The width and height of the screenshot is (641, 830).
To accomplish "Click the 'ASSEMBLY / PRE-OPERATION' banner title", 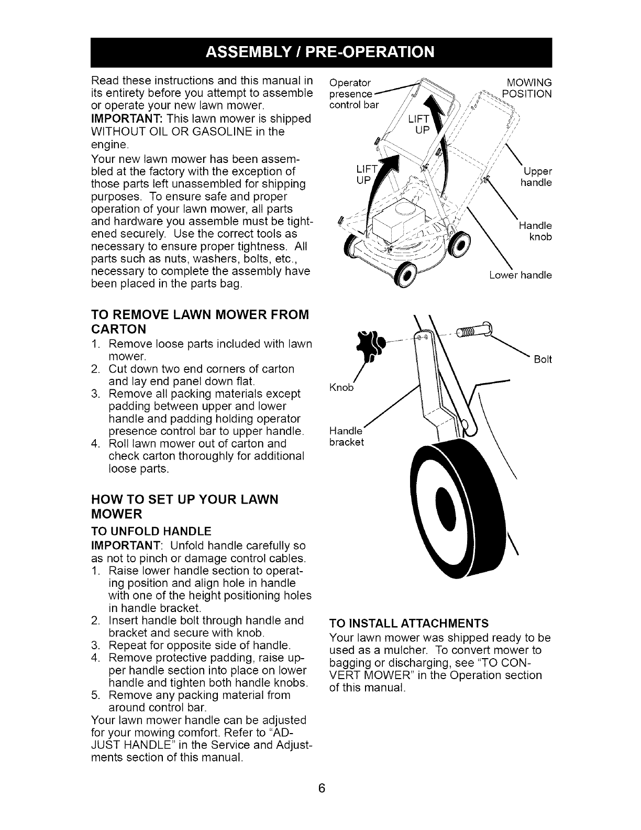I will [320, 52].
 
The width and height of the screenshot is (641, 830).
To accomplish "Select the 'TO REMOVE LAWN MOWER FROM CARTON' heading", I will [201, 322].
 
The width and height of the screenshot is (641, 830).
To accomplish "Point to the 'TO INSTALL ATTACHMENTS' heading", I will [408, 623].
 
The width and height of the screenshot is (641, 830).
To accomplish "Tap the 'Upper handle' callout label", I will [536, 178].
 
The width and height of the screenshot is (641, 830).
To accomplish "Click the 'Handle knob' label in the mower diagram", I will [535, 231].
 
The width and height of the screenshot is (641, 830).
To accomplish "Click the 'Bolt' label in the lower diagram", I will [543, 360].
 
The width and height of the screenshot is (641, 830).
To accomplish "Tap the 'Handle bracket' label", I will [346, 436].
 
